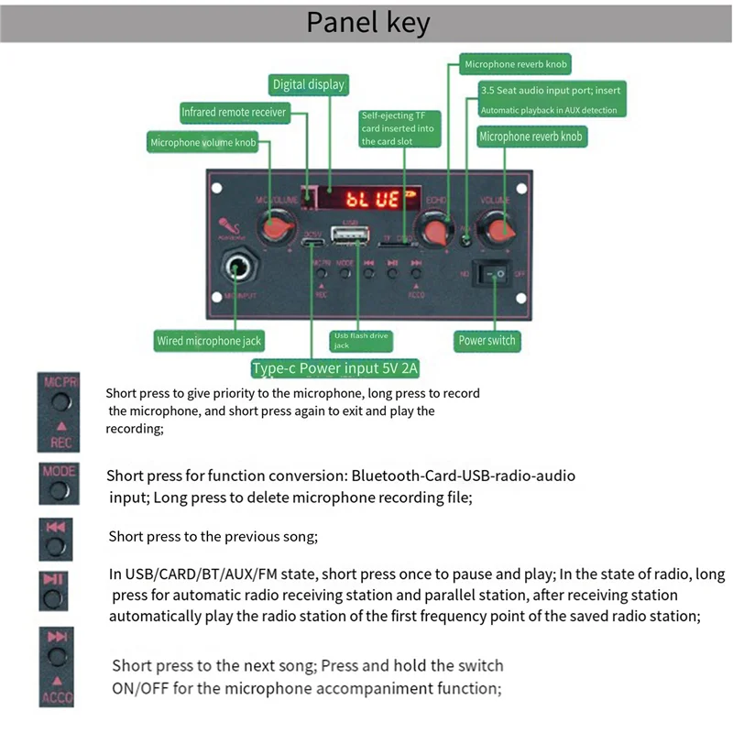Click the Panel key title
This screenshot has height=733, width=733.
366,22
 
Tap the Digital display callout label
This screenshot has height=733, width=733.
309,84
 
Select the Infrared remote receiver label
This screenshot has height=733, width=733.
234,113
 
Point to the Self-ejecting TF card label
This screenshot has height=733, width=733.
399,128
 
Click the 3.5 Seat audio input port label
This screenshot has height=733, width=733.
551,100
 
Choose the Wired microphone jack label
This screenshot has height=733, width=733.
209,341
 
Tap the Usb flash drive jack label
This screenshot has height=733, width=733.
360,341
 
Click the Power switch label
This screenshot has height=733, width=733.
487,341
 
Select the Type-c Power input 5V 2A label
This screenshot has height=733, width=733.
334,369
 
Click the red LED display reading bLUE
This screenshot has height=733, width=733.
371,198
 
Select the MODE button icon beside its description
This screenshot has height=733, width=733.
59,483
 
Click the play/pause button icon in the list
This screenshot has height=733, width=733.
54,591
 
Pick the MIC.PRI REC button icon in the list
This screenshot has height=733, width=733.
59,410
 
